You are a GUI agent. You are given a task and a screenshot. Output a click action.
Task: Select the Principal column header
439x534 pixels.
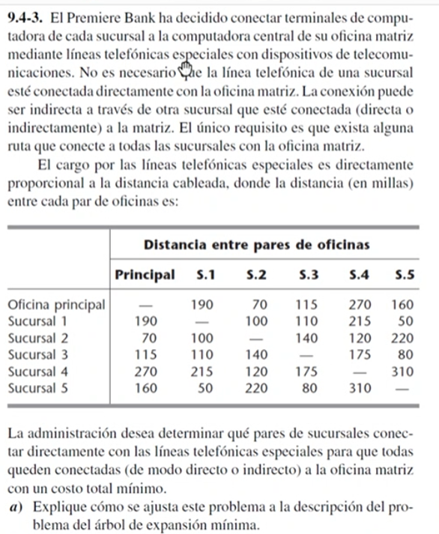[x=145, y=274]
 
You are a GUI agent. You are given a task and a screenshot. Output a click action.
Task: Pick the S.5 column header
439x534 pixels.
[x=404, y=274]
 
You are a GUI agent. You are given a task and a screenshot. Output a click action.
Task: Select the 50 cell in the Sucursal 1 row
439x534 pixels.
[x=408, y=322]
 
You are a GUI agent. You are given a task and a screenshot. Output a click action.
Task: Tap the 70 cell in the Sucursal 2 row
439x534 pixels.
[x=145, y=339]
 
